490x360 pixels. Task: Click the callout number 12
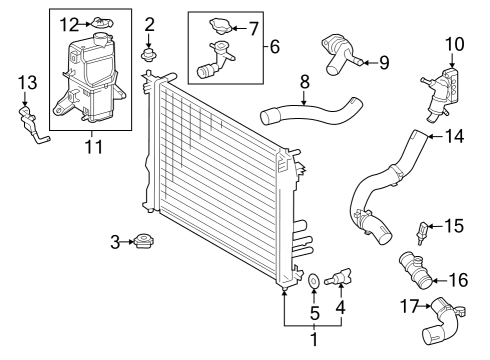click(x=67, y=22)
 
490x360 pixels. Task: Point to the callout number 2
click(x=150, y=23)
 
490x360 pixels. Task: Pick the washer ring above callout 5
click(x=314, y=282)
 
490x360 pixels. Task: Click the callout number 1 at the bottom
click(x=314, y=341)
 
